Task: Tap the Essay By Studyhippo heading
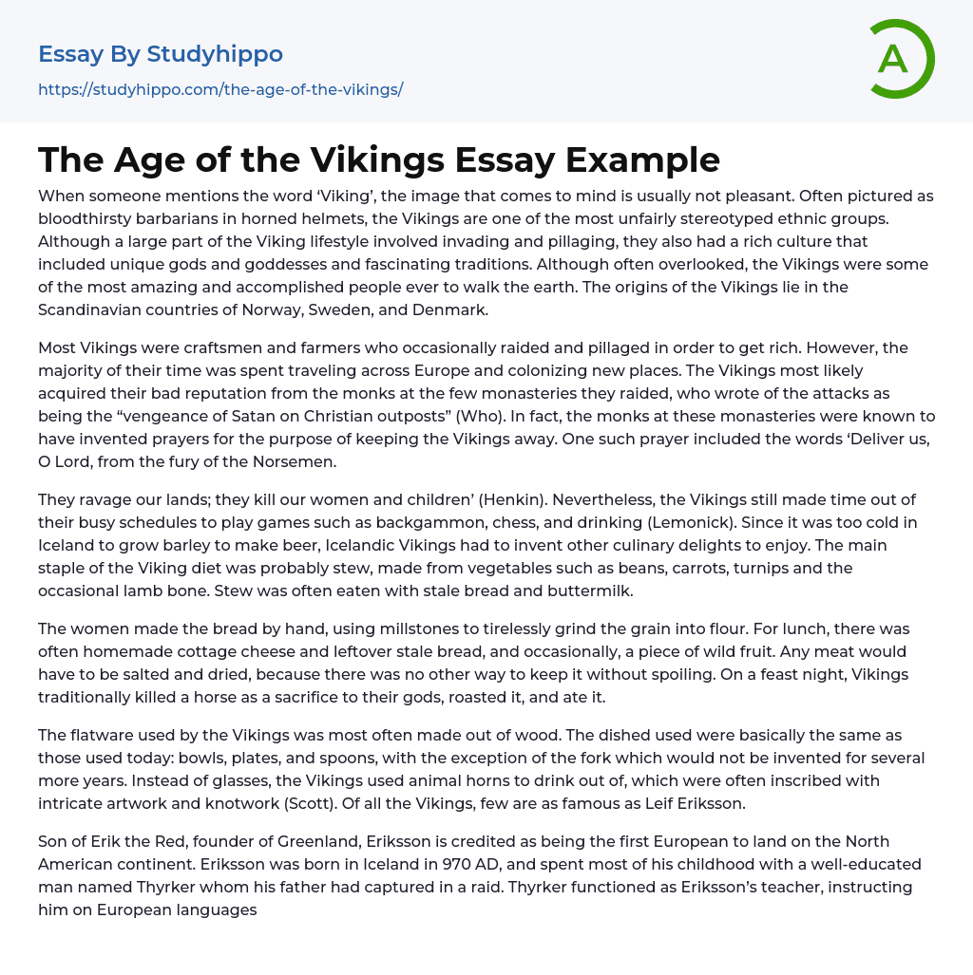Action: pos(161,54)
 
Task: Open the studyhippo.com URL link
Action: pos(220,89)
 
